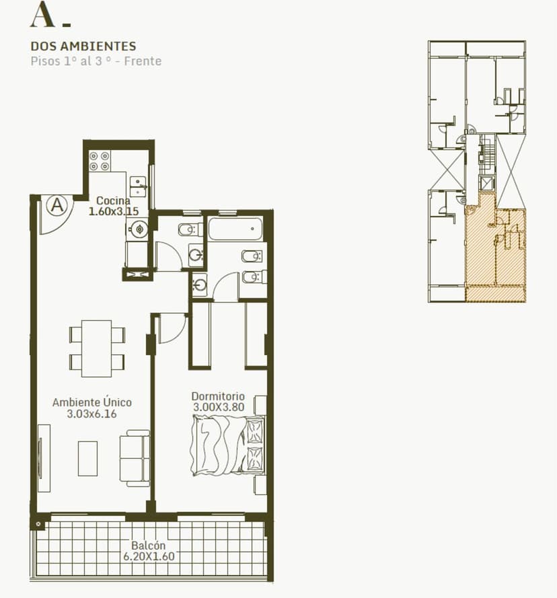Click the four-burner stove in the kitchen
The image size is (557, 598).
[100, 161]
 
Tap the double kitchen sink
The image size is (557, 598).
[138, 186]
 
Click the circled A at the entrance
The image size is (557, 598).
[57, 205]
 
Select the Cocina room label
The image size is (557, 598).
[113, 200]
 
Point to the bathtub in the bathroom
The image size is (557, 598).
[235, 229]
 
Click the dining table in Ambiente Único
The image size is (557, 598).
[97, 348]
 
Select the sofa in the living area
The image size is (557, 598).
[135, 458]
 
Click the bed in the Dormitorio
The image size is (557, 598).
[228, 445]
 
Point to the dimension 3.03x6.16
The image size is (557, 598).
[92, 414]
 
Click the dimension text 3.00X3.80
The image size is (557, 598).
[219, 407]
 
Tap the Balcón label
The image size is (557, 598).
[149, 546]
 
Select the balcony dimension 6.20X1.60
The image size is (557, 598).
[149, 556]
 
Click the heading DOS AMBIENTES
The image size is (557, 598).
[83, 46]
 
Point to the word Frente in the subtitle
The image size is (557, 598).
[143, 61]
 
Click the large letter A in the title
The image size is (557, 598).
[42, 15]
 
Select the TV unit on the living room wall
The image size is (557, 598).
[44, 458]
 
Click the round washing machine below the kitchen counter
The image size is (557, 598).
[137, 229]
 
